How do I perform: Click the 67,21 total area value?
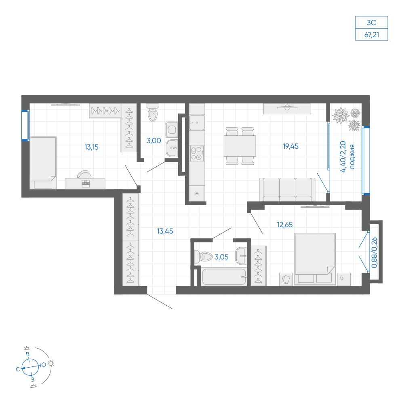(x=372, y=34)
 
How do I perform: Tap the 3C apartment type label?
(x=372, y=22)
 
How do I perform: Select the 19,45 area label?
(x=290, y=146)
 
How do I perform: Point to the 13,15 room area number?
(x=91, y=147)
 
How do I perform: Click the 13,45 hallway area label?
(x=165, y=231)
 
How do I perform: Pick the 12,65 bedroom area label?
(x=285, y=225)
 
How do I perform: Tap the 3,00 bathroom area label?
(x=154, y=141)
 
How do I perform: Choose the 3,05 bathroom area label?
(x=221, y=257)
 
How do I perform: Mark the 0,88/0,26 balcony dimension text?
(x=375, y=253)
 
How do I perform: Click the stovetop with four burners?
(x=197, y=154)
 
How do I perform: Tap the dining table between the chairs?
(x=240, y=146)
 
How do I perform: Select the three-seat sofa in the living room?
(x=287, y=189)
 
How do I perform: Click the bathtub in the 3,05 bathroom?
(x=224, y=277)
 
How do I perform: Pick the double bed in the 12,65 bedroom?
(x=315, y=259)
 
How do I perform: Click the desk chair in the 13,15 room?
(x=84, y=174)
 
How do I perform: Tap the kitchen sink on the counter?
(x=197, y=123)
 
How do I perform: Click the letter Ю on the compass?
(x=43, y=364)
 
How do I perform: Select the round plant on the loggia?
(x=355, y=113)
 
